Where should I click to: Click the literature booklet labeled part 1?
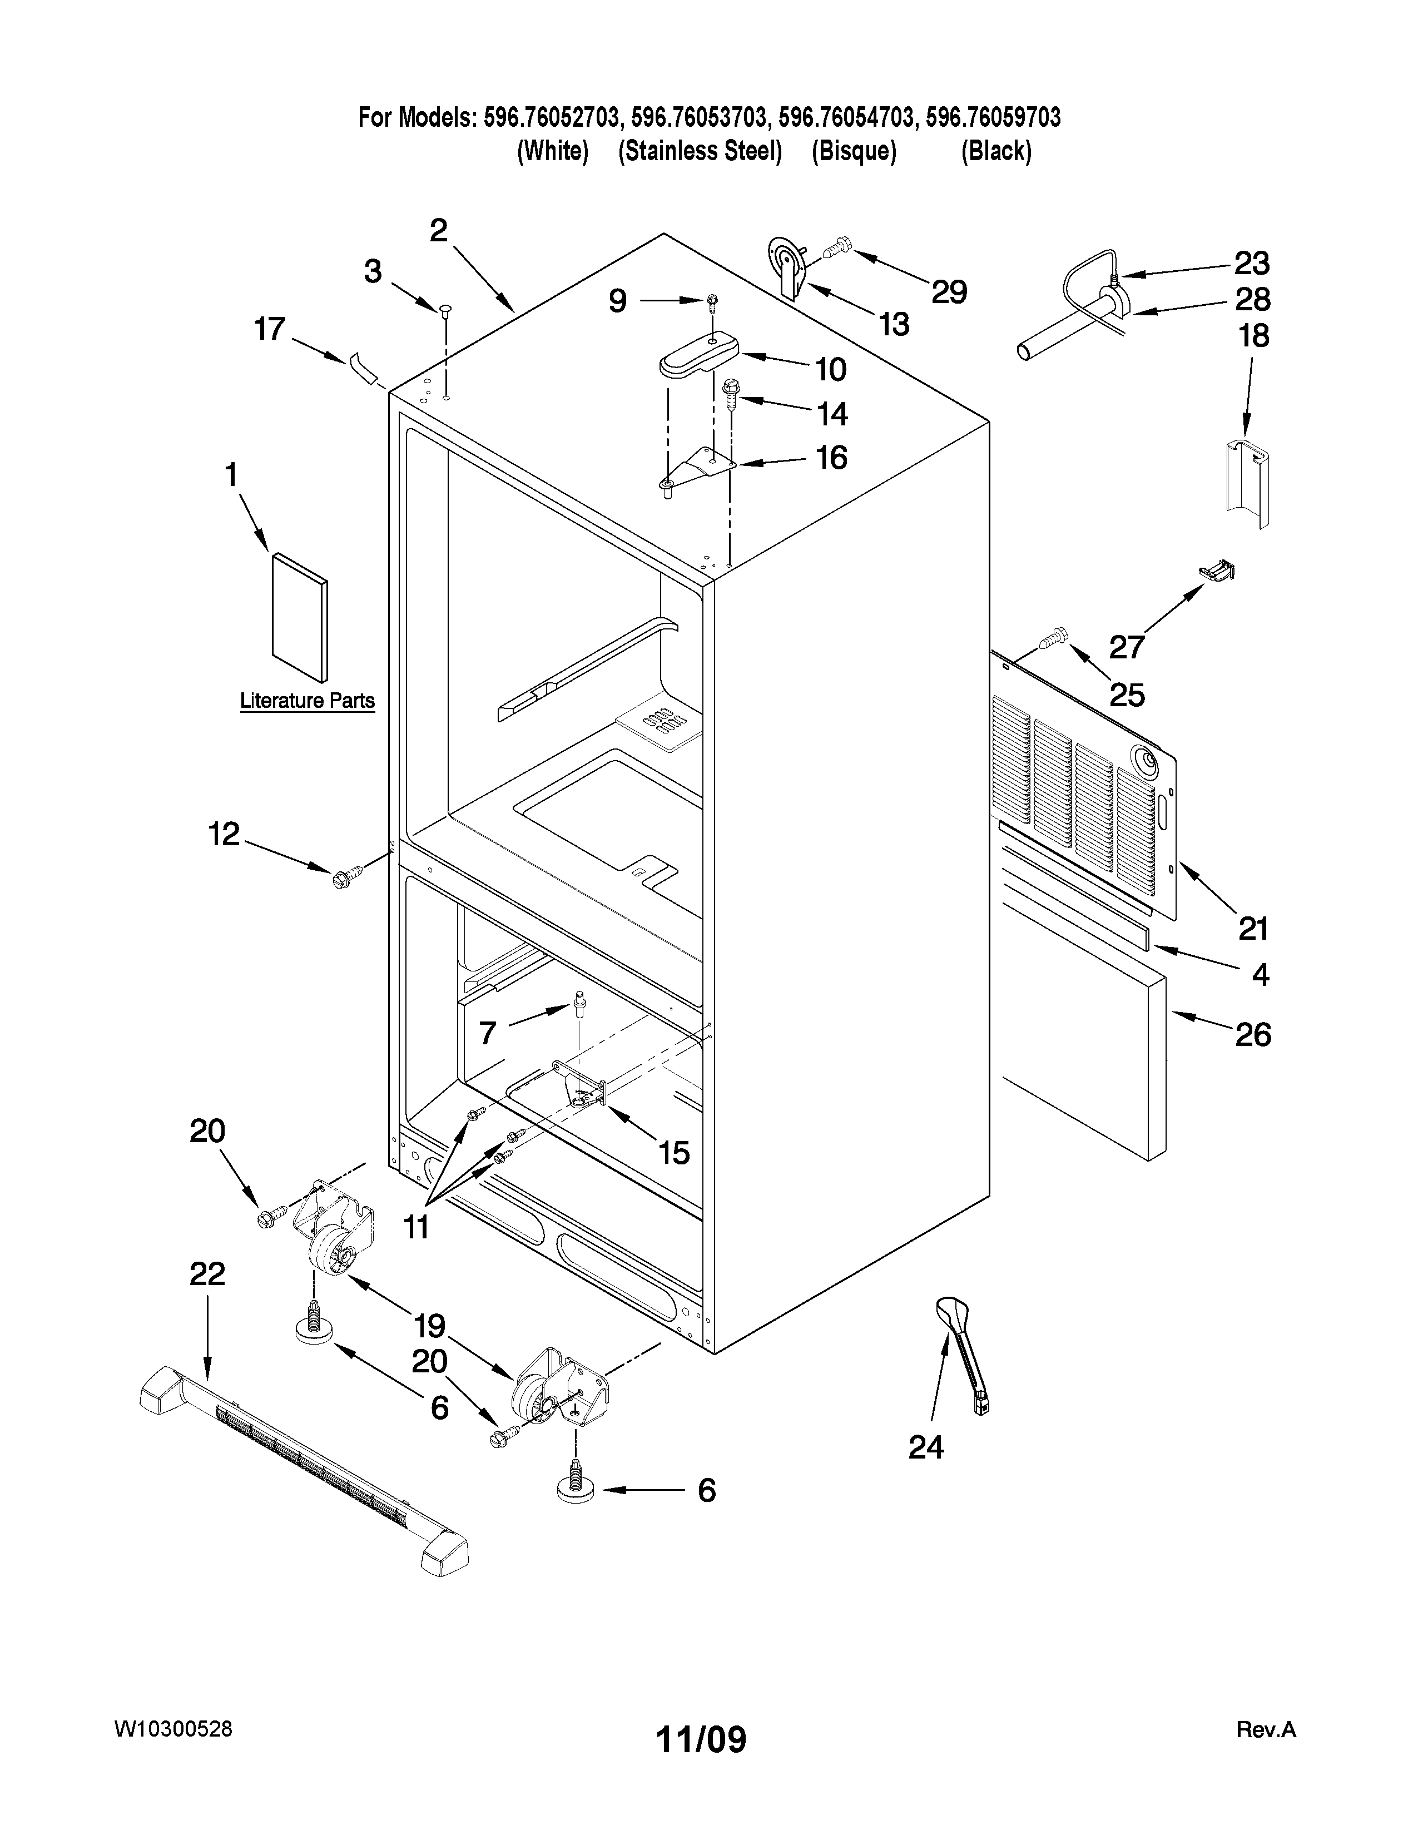tap(300, 616)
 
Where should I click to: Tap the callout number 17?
tap(270, 329)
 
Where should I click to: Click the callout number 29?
tap(949, 291)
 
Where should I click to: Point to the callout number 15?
tap(674, 1153)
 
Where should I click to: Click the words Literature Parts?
tap(308, 700)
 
